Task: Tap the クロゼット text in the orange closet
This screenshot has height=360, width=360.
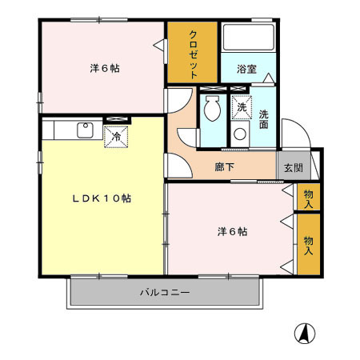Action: pos(193,53)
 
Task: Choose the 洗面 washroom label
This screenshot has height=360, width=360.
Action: pos(263,118)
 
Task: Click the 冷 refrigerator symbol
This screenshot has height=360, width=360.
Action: pos(117,136)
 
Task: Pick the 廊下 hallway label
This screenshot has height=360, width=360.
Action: pos(225,168)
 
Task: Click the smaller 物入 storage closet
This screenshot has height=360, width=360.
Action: pos(308,197)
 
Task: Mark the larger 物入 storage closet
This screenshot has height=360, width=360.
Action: pos(308,245)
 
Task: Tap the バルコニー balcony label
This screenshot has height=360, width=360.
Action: pos(166,293)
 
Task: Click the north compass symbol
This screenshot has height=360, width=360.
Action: pos(304,331)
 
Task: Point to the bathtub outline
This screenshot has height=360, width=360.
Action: pos(247,39)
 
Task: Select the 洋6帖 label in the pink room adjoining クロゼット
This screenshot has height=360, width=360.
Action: pos(105,69)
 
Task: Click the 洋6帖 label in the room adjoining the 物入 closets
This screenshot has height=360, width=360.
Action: pos(233,232)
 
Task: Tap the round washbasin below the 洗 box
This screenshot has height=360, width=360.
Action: pos(240,134)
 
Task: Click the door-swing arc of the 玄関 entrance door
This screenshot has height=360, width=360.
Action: pos(293,136)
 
